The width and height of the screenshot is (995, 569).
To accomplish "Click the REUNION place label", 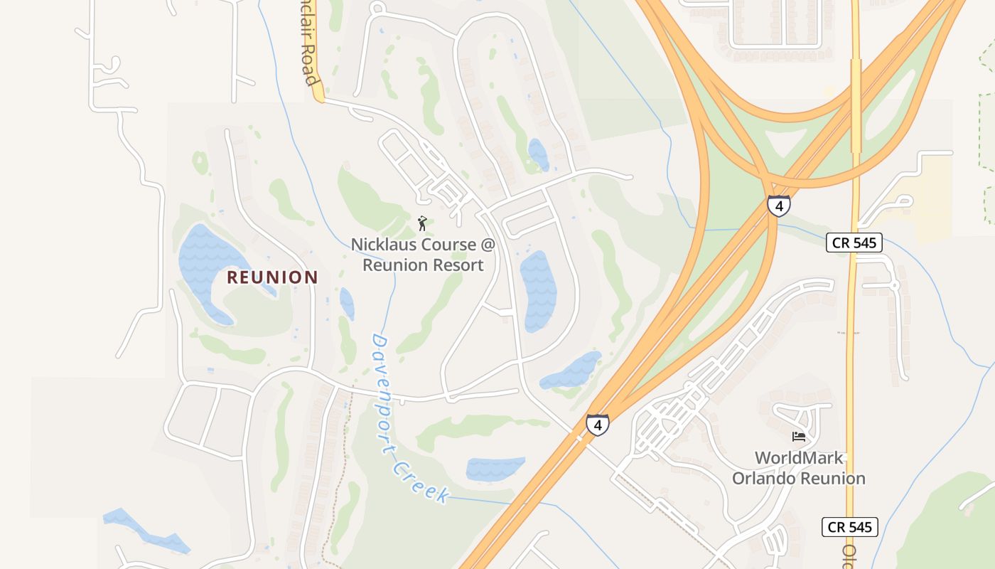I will [x=272, y=277].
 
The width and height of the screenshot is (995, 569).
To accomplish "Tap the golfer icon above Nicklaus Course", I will [x=422, y=223].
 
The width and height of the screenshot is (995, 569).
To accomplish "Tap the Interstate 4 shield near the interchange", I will [x=778, y=206].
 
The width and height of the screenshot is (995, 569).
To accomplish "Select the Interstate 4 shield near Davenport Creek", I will [x=597, y=425].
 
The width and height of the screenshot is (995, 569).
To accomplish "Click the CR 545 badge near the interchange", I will [x=854, y=243].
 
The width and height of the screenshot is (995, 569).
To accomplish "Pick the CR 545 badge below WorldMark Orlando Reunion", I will [x=850, y=527].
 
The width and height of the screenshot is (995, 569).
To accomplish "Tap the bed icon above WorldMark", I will [x=799, y=436].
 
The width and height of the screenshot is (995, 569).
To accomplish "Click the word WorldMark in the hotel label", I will [x=798, y=457].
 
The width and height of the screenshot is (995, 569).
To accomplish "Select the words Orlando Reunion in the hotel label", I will [x=799, y=479].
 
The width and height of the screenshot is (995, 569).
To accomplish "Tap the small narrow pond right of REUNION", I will [x=347, y=304].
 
